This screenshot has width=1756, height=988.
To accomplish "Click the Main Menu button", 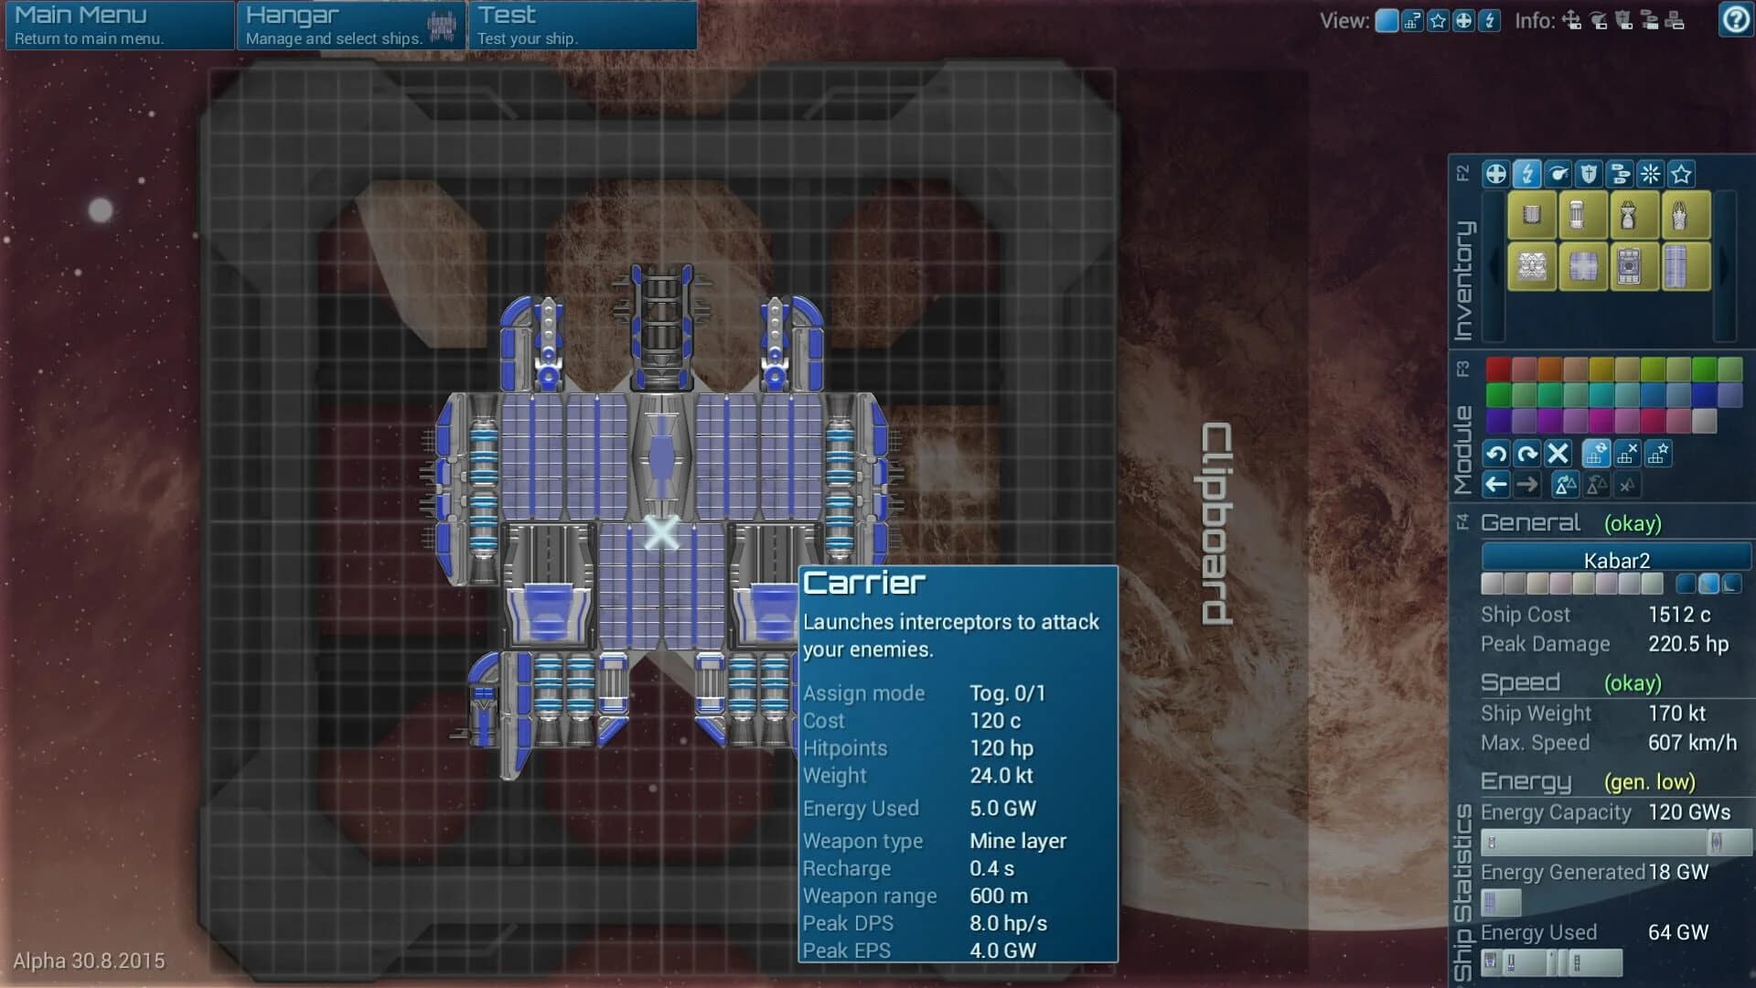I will point(119,25).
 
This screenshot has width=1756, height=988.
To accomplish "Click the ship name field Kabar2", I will point(1616,560).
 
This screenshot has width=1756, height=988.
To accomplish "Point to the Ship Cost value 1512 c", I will point(1679,615).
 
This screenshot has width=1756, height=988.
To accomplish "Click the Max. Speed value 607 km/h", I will point(1692,743).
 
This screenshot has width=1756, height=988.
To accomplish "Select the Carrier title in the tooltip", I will point(864,584).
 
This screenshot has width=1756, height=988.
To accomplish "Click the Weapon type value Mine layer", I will point(1018,841).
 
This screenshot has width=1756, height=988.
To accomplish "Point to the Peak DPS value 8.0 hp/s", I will point(1008,923).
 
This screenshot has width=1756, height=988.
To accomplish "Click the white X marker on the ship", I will point(661,532).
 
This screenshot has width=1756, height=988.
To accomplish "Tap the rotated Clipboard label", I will point(1216,523).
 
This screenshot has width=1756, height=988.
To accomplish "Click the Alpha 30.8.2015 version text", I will point(89,961).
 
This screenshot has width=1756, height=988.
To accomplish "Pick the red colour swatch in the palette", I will point(1498,369).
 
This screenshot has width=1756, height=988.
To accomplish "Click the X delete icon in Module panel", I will point(1558,453).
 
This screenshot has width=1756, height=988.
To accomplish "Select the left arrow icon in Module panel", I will point(1496,484).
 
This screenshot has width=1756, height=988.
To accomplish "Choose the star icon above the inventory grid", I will point(1681,174).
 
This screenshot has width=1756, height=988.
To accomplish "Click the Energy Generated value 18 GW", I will point(1678,872).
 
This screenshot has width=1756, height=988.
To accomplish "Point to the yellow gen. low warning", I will point(1649,782).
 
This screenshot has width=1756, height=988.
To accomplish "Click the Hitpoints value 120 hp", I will point(1001,748).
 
